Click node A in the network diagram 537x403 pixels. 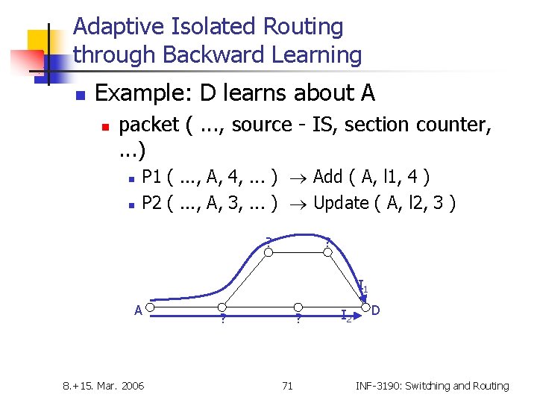point(150,307)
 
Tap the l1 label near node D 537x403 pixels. point(362,286)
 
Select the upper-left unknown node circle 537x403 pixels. point(270,250)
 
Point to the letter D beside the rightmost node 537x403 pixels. point(377,309)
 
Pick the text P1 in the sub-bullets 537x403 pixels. point(152,177)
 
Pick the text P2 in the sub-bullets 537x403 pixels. point(152,203)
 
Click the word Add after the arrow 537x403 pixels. point(328,177)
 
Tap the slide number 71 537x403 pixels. point(287,386)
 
